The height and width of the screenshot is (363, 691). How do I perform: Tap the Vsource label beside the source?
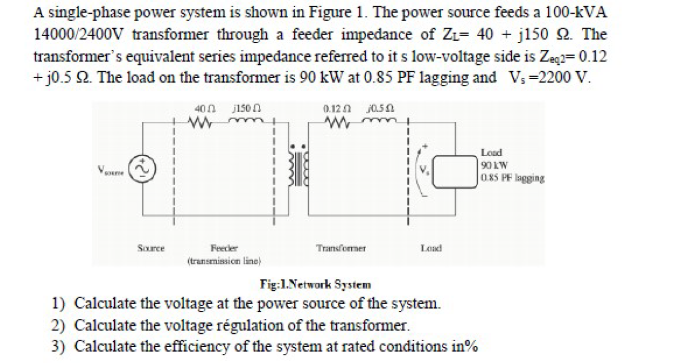[x=110, y=170]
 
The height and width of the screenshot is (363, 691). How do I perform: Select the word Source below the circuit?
[x=151, y=248]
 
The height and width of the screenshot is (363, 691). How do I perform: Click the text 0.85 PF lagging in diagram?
[x=513, y=178]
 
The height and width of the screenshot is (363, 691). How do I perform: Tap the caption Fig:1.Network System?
[x=315, y=284]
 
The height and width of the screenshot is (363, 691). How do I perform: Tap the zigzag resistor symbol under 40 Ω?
[x=201, y=122]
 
